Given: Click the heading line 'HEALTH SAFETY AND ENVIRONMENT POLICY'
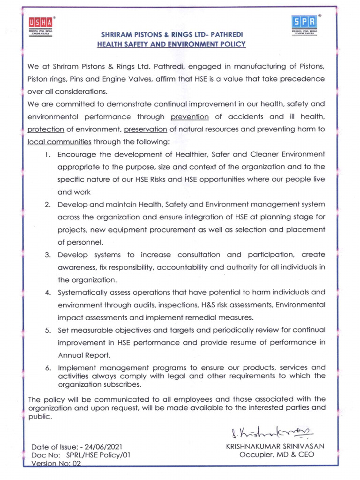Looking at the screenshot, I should (x=171, y=44).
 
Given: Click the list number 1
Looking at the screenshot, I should (x=48, y=154).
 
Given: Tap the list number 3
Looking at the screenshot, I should (x=48, y=255).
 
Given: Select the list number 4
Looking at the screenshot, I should (x=48, y=292).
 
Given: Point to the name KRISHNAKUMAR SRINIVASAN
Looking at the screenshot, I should (x=276, y=446).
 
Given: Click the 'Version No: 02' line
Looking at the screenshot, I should (x=56, y=463).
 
